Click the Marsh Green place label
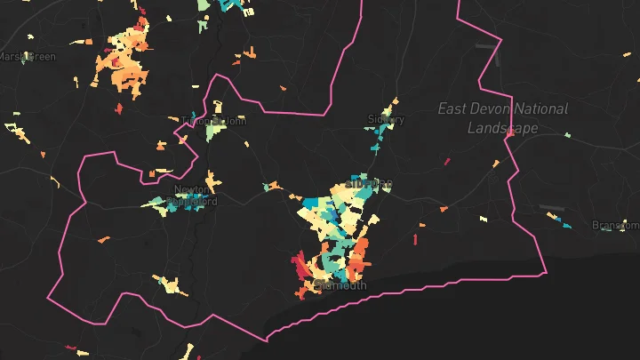pos(27,57)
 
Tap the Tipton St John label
pos(212,121)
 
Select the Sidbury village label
pos(386,119)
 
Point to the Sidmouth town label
pos(336,285)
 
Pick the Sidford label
pos(372,184)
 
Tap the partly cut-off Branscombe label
pos(615,226)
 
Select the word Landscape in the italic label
pos(503,128)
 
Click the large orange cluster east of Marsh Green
pos(126,60)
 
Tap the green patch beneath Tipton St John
pos(214,132)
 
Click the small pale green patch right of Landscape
pos(567,135)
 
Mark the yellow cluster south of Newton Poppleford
pos(170,285)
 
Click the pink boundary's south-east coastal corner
pos(545,272)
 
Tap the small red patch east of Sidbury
pos(447,162)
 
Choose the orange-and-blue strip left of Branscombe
pos(554,213)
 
